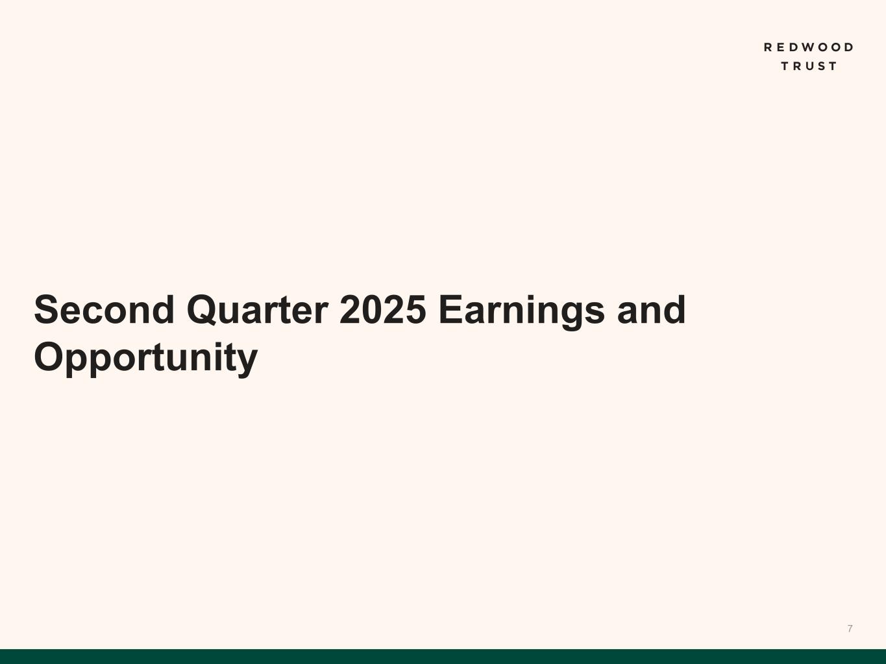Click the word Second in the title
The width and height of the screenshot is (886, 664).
[x=104, y=309]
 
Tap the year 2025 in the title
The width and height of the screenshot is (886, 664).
[x=383, y=309]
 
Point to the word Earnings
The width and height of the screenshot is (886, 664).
[x=521, y=312]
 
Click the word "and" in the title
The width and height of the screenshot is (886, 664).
[x=651, y=309]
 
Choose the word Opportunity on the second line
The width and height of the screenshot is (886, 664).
[x=145, y=359]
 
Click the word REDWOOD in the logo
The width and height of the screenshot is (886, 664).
[x=809, y=47]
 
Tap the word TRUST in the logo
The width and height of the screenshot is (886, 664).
[x=809, y=66]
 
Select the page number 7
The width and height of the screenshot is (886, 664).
[x=850, y=628]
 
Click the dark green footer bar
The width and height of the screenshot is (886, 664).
[x=443, y=656]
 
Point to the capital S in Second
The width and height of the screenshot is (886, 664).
[x=47, y=309]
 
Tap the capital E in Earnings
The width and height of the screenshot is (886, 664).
[x=450, y=309]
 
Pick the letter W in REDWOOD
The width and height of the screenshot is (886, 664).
[x=808, y=47]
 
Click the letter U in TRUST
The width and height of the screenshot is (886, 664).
[x=809, y=66]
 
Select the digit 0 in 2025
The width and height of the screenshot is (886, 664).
[x=371, y=309]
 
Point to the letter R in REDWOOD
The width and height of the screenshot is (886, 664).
[x=768, y=47]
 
